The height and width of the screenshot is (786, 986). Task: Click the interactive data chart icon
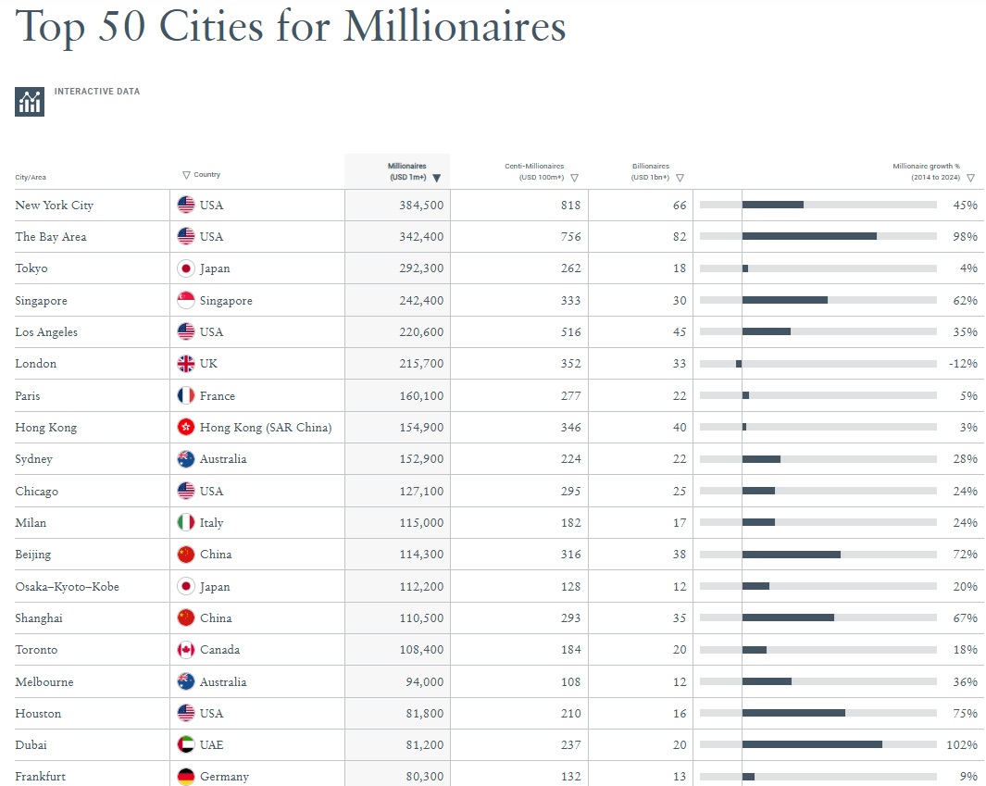tap(30, 102)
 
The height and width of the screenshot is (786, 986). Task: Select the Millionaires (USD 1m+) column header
tap(406, 171)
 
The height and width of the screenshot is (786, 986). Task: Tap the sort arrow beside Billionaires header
tap(680, 178)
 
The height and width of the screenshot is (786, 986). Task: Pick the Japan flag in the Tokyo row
tap(186, 268)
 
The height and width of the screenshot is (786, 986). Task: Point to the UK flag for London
tap(186, 364)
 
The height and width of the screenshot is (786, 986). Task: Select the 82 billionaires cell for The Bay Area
tap(680, 237)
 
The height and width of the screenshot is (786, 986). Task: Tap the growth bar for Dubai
tap(811, 744)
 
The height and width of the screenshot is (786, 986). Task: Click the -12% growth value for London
tap(963, 364)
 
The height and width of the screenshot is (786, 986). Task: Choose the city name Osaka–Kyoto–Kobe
tap(67, 587)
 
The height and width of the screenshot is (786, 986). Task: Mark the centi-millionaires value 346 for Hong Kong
tap(570, 428)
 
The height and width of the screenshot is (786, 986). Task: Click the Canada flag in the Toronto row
tap(186, 650)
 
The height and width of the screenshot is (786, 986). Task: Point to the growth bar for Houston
tap(793, 713)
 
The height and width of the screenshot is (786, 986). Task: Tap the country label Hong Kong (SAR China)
tap(266, 428)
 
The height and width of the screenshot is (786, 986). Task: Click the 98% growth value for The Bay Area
tap(965, 237)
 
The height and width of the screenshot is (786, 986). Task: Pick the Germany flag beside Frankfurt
tap(186, 776)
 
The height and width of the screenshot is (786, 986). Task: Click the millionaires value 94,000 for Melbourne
tap(424, 682)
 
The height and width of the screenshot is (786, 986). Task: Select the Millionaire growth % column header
tap(926, 171)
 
